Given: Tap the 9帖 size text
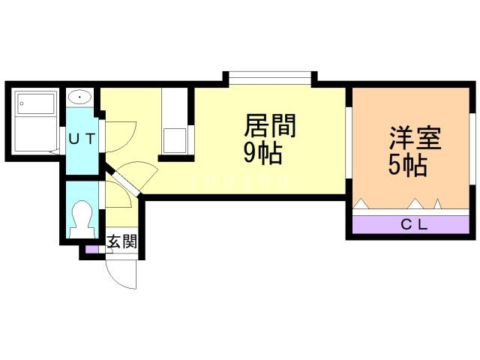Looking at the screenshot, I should tap(262, 153).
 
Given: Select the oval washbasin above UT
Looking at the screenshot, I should tap(79, 97).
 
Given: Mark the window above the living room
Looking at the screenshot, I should tap(269, 77).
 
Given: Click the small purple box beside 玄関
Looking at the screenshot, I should tap(91, 248).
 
